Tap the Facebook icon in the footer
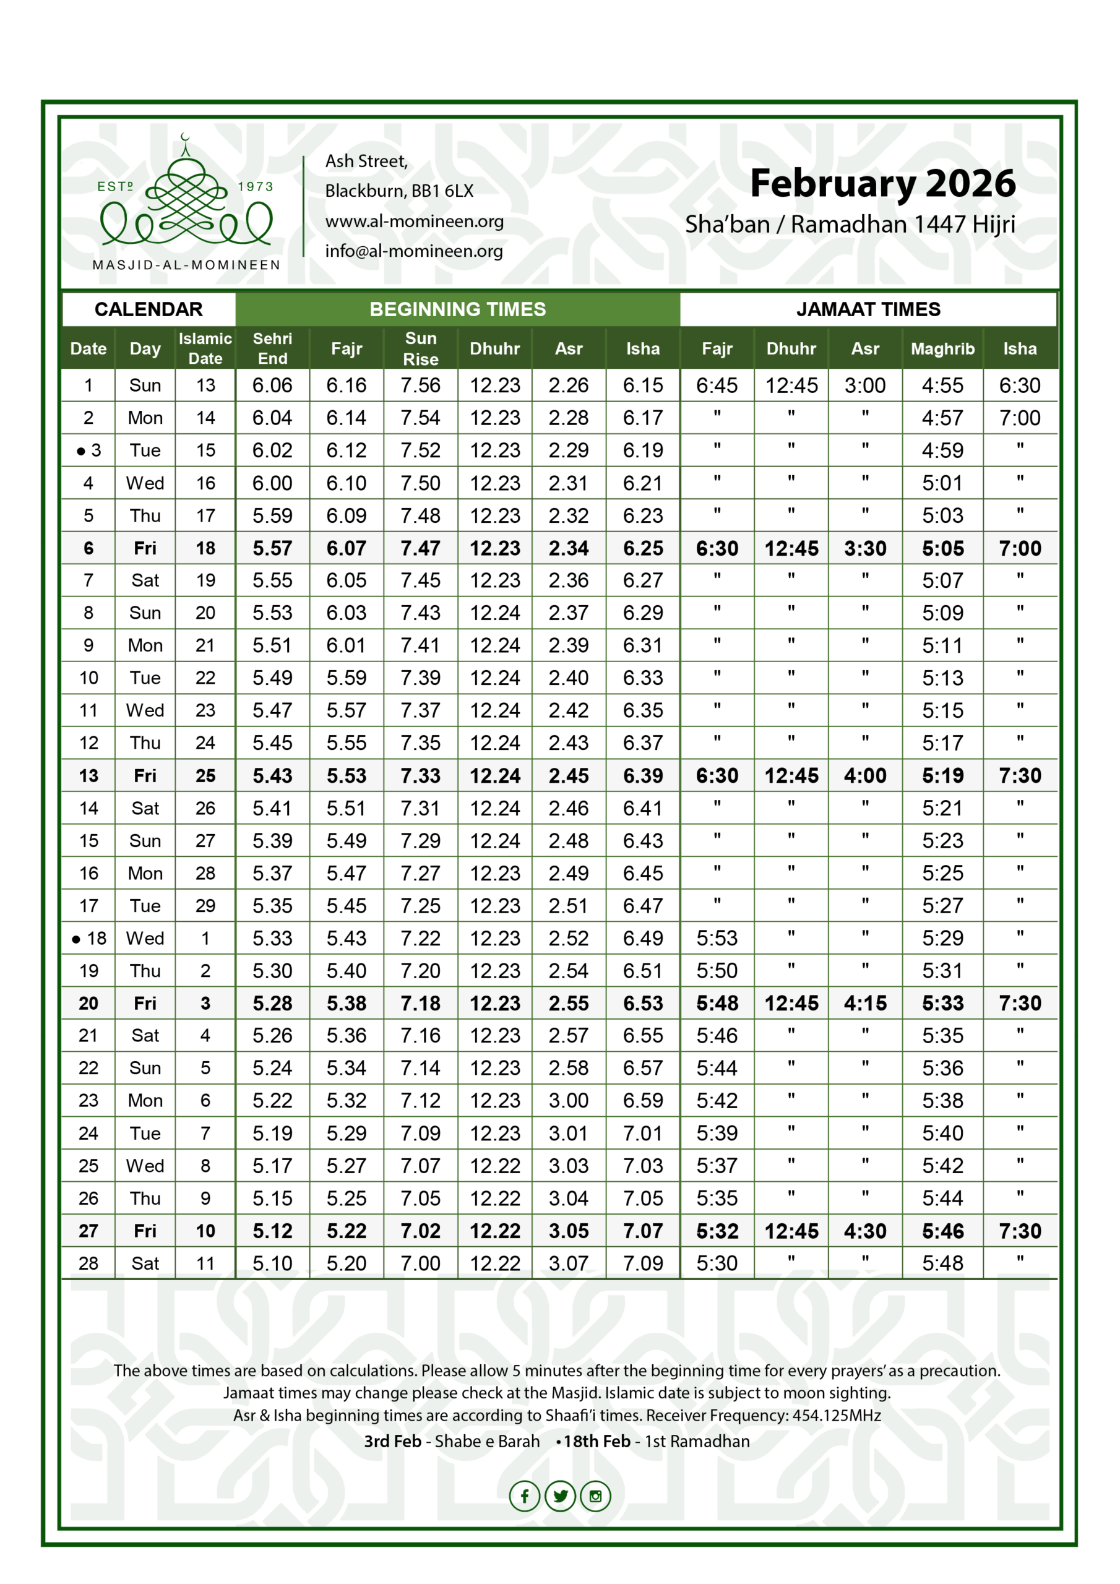pos(525,1496)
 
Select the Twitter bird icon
pos(561,1496)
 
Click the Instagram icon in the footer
pos(595,1496)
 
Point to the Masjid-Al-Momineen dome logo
pos(186,200)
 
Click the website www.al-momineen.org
pos(414,222)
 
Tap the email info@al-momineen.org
pos(414,251)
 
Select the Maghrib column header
pos(942,348)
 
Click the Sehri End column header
pos(273,348)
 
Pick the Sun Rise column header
pos(420,348)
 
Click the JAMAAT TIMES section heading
pos(868,309)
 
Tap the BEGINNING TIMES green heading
pos(457,309)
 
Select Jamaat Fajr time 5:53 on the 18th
pos(717,938)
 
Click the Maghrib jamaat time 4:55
pos(942,385)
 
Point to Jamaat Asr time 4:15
pos(864,1003)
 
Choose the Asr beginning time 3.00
pos(569,1100)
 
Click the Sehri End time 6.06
pos(273,385)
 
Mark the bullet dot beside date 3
pos(80,451)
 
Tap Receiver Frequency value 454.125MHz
pos(837,1416)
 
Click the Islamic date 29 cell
pos(205,906)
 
